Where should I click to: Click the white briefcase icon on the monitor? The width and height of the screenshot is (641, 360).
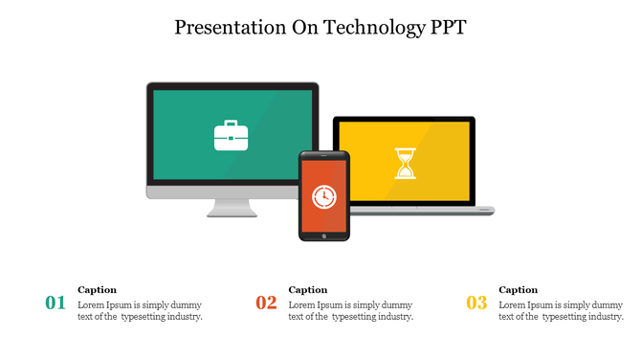(231, 135)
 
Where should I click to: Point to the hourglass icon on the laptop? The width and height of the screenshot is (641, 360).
(406, 163)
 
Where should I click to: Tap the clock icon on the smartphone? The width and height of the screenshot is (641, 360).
(324, 196)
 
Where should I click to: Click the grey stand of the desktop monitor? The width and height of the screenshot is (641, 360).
(232, 207)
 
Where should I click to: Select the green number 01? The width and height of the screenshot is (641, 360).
(55, 304)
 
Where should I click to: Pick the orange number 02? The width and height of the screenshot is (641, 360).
(266, 304)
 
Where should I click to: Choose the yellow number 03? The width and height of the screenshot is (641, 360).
(476, 304)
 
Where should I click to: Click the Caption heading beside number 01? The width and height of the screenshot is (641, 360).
(98, 289)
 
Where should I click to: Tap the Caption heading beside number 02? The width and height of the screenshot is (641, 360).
(308, 289)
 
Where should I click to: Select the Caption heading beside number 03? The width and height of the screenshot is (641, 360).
(519, 289)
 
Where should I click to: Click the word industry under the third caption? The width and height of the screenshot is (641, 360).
(603, 317)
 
